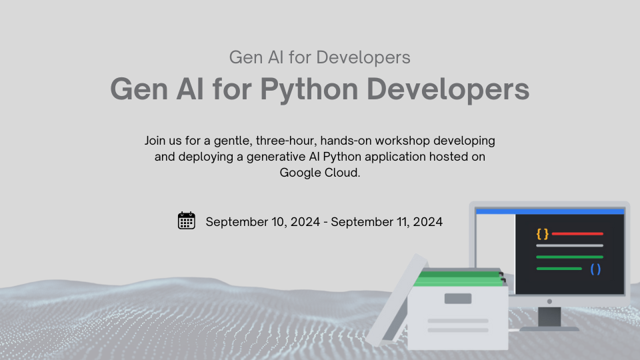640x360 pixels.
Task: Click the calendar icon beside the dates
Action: pyautogui.click(x=187, y=221)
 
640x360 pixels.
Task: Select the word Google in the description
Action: pyautogui.click(x=300, y=173)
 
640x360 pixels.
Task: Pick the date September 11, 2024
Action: pyautogui.click(x=387, y=222)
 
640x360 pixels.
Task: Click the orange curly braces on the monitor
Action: pyautogui.click(x=542, y=234)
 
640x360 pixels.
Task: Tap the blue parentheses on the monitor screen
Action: pyautogui.click(x=595, y=269)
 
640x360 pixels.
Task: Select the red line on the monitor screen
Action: pyautogui.click(x=577, y=234)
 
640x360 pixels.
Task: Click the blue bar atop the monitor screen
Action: pyautogui.click(x=550, y=211)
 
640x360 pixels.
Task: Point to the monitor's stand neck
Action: pyautogui.click(x=549, y=314)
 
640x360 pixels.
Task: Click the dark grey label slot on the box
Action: pyautogui.click(x=457, y=299)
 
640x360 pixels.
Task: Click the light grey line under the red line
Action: pyautogui.click(x=569, y=245)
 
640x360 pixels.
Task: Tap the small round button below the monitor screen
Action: pyautogui.click(x=549, y=301)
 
